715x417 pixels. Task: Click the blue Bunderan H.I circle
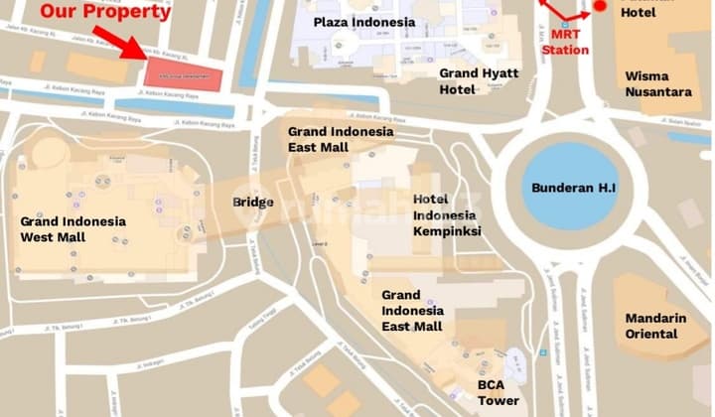[562, 186]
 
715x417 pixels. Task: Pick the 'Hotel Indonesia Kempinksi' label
[447, 214]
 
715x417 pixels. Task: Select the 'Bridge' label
[252, 202]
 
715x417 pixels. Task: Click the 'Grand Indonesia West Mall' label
[72, 229]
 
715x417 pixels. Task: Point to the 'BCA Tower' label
[498, 392]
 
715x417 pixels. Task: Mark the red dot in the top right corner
[600, 7]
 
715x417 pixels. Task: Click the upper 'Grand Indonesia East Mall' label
[341, 139]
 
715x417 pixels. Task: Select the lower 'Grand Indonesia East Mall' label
[414, 311]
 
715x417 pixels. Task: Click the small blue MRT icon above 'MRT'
[564, 24]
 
